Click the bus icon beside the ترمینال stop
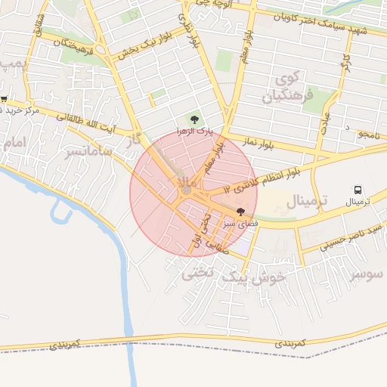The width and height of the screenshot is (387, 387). click(358, 190)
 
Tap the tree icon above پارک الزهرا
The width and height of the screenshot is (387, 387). click(195, 119)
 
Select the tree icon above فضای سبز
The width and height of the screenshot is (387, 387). click(240, 212)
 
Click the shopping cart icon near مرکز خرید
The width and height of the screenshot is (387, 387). click(4, 98)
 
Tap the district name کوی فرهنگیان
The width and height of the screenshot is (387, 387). click(286, 88)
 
